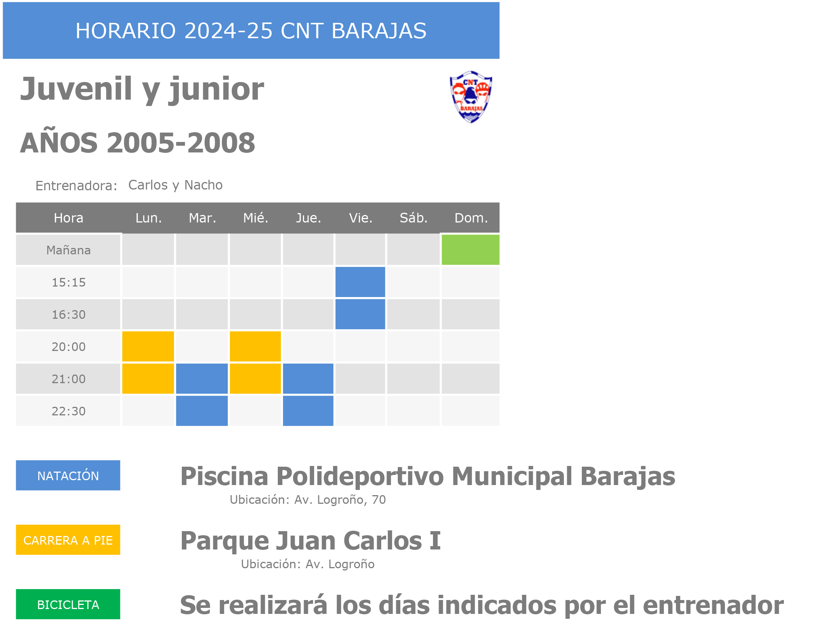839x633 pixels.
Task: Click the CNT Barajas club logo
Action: tap(471, 97)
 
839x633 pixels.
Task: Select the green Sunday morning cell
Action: tap(470, 250)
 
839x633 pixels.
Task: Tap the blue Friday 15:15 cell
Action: tap(360, 282)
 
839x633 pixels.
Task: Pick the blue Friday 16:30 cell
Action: tap(360, 314)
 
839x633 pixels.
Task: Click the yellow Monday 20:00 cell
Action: tap(148, 346)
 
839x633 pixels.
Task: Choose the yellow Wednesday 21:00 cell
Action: tap(255, 379)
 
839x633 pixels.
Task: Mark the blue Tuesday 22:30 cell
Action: tap(202, 411)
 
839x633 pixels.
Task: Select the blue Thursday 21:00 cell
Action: tap(308, 379)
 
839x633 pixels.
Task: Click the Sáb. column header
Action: tap(414, 218)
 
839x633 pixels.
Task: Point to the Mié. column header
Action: tap(256, 218)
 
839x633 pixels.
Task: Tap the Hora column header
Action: tap(69, 218)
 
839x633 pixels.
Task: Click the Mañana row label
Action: tap(69, 250)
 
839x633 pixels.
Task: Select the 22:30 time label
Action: tap(69, 411)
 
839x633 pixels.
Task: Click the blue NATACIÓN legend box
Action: tap(68, 475)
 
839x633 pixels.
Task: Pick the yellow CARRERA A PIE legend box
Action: tap(68, 540)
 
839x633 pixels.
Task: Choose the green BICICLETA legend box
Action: tap(68, 604)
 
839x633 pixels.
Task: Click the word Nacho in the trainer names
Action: tap(203, 185)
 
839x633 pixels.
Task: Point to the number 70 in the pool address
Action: tap(379, 500)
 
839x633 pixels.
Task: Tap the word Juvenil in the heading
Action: tap(76, 89)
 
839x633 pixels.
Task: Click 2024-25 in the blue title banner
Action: tap(228, 31)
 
